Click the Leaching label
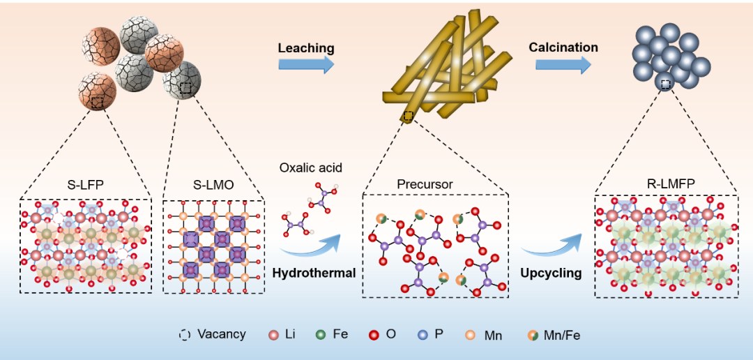(306, 48)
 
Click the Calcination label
(563, 47)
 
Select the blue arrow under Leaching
(306, 64)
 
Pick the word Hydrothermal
(314, 273)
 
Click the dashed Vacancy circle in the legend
(184, 335)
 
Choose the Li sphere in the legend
(274, 335)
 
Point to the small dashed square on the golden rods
(408, 116)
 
